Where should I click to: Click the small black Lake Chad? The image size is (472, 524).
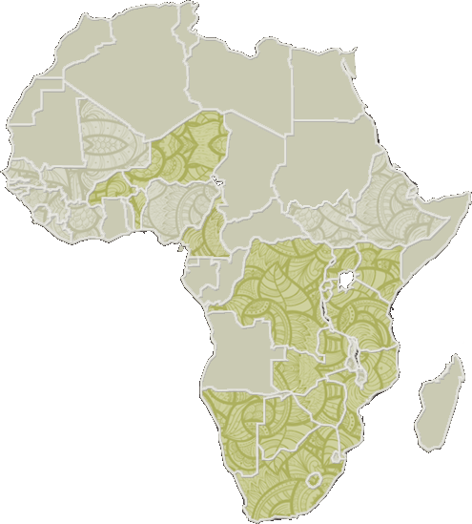pyautogui.click(x=218, y=179)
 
